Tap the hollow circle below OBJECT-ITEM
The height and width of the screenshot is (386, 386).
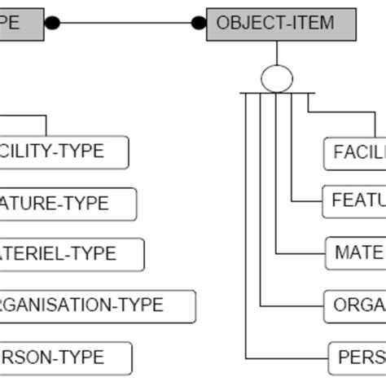tap(276, 79)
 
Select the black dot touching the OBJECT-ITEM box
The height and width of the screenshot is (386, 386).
tap(198, 23)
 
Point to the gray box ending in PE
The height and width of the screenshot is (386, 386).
tap(21, 22)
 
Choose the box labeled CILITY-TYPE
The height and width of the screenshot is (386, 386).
tap(63, 151)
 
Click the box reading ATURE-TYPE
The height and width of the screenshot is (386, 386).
tap(67, 203)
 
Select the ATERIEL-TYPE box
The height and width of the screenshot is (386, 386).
tap(71, 254)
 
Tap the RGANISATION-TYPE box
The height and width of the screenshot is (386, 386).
tap(96, 306)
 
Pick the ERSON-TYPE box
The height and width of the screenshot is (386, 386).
tap(64, 357)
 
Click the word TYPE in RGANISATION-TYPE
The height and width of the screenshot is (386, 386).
tap(142, 306)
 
